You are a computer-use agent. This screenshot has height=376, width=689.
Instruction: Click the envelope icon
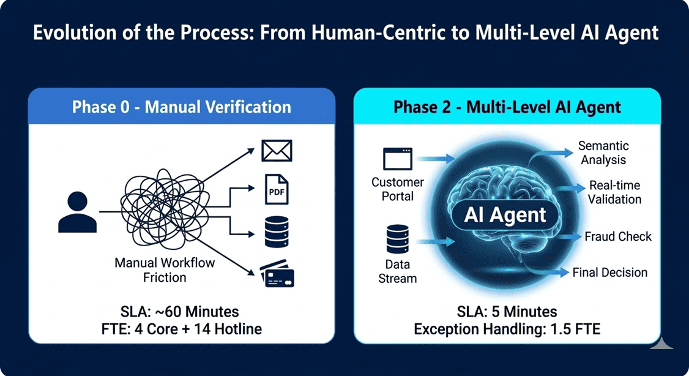(277, 151)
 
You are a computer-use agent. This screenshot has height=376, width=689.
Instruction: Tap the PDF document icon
(277, 190)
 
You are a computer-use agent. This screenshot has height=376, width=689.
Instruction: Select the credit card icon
(277, 274)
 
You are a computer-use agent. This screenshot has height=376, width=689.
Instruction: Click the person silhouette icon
(77, 212)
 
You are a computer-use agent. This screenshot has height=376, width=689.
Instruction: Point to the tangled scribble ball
(162, 209)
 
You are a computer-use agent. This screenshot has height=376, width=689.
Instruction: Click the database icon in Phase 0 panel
(277, 231)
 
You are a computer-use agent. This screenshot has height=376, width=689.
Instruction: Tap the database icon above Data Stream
(398, 239)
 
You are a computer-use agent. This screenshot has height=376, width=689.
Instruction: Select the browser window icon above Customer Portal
(398, 159)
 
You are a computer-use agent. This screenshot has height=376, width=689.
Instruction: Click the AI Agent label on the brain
(505, 215)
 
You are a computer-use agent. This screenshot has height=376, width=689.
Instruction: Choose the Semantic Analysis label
(603, 152)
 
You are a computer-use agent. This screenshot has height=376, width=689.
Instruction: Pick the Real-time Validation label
(614, 192)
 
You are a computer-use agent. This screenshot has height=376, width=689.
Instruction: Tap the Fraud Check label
(618, 236)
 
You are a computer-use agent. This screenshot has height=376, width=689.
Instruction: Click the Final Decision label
(610, 273)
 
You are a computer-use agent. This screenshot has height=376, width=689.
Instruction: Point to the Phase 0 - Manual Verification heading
(182, 107)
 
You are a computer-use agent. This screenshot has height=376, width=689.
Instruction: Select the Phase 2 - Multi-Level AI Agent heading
(507, 107)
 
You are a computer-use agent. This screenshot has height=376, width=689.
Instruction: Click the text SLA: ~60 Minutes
(180, 312)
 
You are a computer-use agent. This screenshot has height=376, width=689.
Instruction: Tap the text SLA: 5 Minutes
(507, 312)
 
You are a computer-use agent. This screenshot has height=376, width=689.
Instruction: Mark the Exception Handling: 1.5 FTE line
(507, 329)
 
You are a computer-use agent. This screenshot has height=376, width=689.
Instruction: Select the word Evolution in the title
(74, 33)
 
